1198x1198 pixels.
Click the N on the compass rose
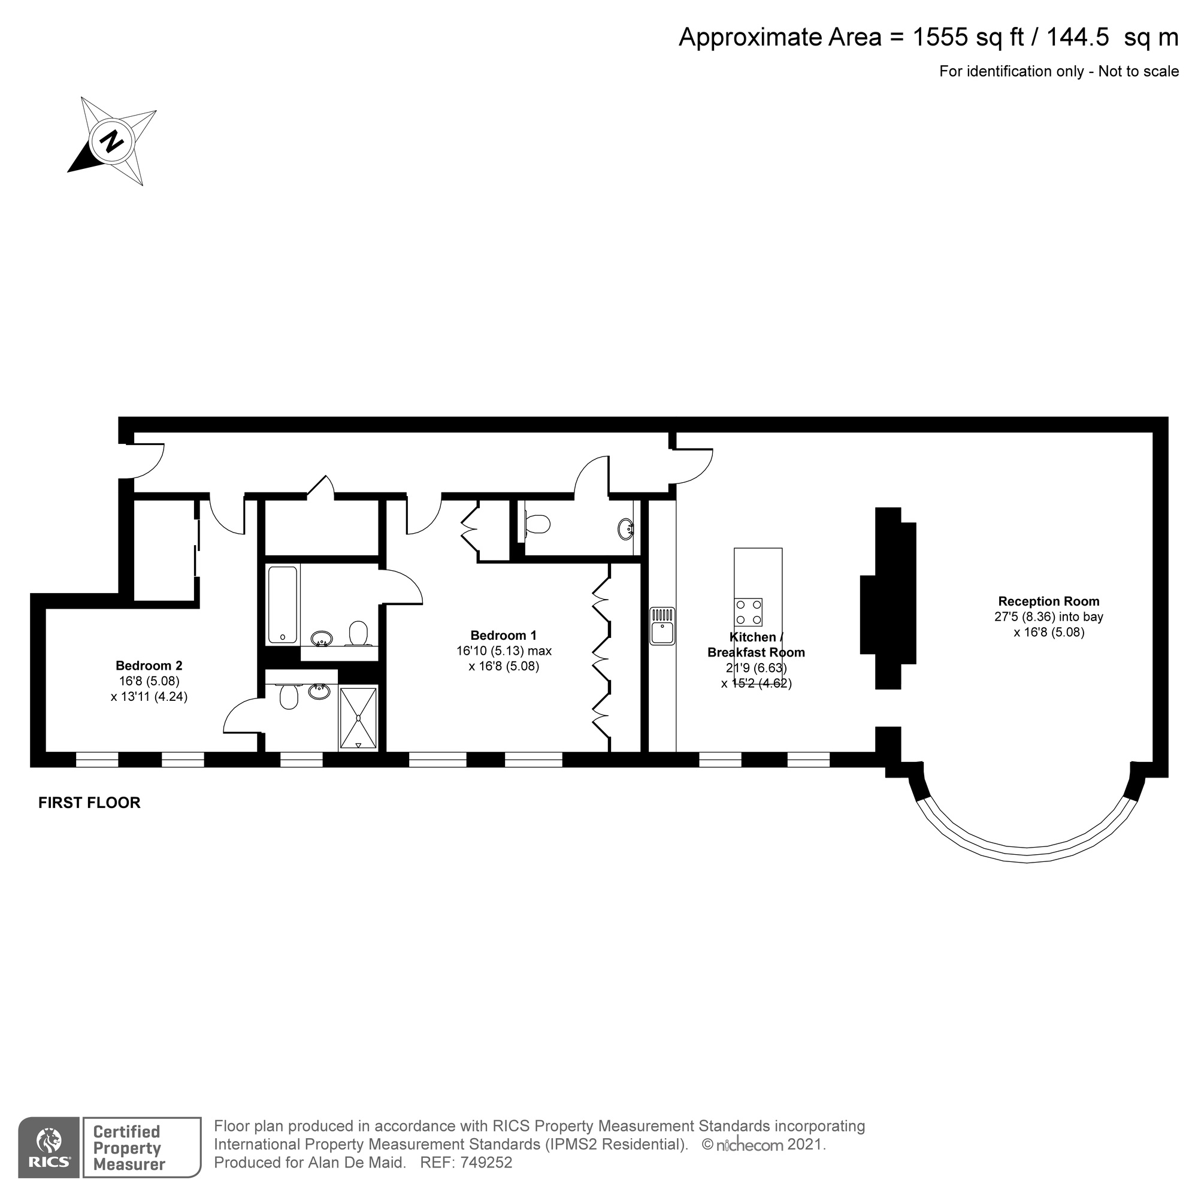click(111, 142)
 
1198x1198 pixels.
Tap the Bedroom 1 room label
click(503, 636)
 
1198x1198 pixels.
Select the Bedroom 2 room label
click(149, 666)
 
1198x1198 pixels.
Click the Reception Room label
click(1049, 601)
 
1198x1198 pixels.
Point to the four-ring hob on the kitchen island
click(748, 612)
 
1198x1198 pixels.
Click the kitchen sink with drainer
click(662, 627)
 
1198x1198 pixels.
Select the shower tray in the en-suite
click(358, 718)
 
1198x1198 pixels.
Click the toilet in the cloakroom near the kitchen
click(537, 525)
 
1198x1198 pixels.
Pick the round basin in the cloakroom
click(627, 529)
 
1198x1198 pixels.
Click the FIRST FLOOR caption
click(89, 803)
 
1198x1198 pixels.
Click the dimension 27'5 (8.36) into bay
click(1049, 617)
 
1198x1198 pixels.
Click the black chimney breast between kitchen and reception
click(888, 598)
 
